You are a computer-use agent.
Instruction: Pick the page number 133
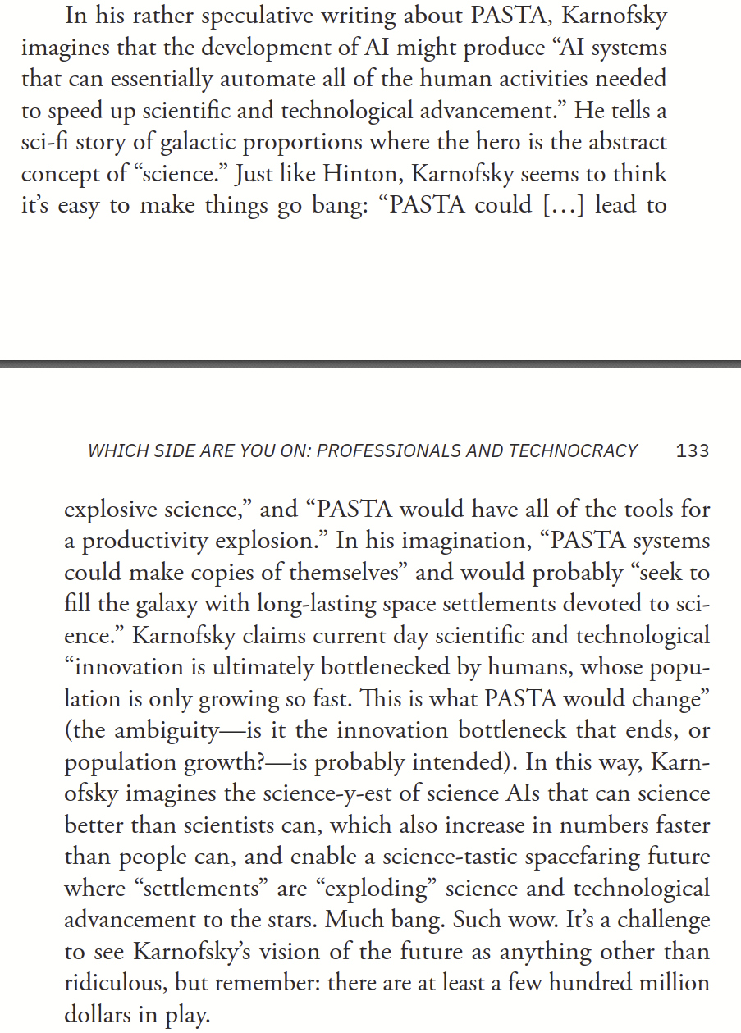tap(693, 450)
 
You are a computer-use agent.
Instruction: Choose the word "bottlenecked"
tap(412, 668)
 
